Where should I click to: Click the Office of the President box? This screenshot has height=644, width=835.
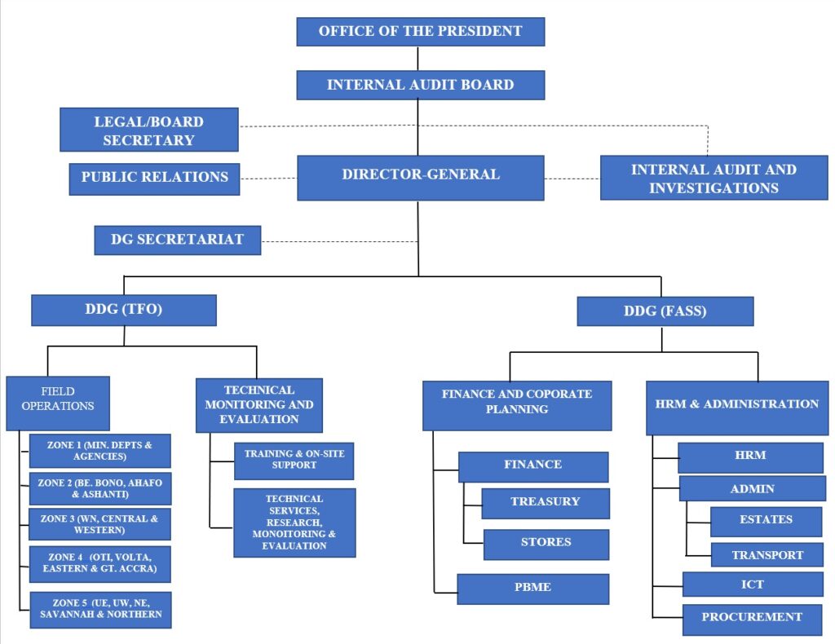[x=420, y=32]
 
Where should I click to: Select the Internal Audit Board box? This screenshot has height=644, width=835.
[x=420, y=85]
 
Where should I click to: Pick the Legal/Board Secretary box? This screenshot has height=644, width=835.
[x=149, y=130]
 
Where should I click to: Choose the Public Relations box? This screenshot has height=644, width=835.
[x=155, y=178]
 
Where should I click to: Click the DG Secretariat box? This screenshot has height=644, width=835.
[x=177, y=240]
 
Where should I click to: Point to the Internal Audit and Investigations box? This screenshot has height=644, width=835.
[x=714, y=179]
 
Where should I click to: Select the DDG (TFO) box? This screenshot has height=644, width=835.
[x=124, y=311]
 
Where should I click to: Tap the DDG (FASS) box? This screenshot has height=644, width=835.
[x=665, y=311]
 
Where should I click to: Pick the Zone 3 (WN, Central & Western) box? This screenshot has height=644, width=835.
[x=100, y=524]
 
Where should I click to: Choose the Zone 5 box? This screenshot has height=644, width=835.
[x=100, y=609]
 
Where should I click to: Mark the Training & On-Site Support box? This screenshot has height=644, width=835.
[x=294, y=460]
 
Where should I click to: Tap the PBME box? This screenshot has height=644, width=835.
[x=532, y=588]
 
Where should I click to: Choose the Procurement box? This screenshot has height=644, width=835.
[x=752, y=617]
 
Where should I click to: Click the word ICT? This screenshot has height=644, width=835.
[x=752, y=584]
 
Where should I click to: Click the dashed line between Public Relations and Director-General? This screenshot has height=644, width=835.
[x=268, y=178]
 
